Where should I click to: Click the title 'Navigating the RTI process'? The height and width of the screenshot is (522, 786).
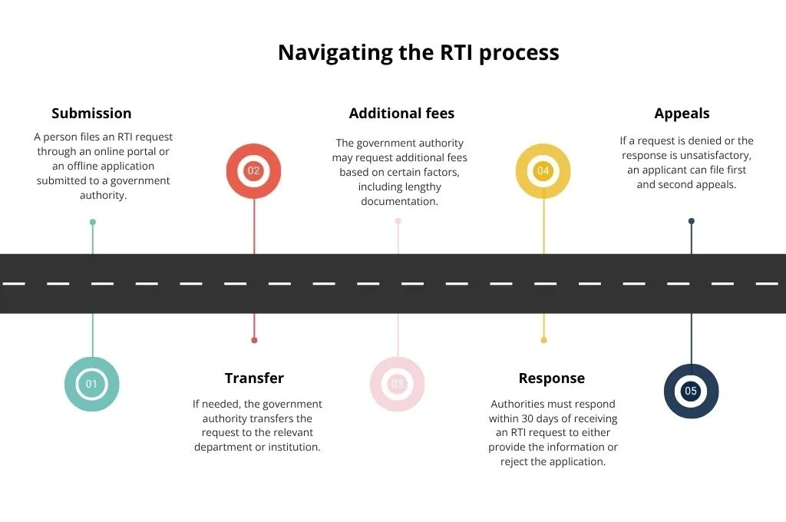coord(418,52)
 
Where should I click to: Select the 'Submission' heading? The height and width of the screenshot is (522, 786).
coord(91,114)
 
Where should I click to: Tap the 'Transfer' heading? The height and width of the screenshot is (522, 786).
coord(254,378)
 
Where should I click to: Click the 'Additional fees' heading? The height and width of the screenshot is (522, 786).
coord(401,114)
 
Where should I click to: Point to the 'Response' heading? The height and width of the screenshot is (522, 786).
coord(551,378)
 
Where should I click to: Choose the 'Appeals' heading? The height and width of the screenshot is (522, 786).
coord(682,114)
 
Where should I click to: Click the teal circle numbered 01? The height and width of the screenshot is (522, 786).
coord(92,384)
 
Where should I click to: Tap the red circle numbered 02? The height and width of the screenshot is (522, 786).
coord(254,170)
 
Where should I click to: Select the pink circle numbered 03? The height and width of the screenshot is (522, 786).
coord(398,384)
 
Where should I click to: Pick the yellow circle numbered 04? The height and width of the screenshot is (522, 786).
coord(543,170)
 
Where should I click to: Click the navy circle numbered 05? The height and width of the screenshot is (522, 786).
coord(691,391)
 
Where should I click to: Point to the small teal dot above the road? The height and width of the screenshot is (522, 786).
coord(93,222)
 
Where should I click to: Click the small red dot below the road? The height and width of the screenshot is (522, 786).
coord(254,340)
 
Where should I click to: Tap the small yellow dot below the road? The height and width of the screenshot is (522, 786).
coord(543,340)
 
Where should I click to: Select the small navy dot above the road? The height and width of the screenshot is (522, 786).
coord(692,221)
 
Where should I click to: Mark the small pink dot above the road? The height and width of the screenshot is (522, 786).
coord(398,221)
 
